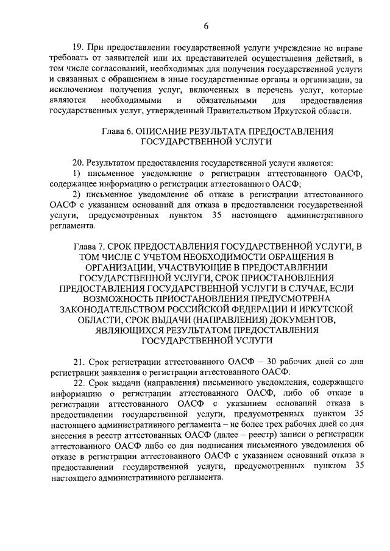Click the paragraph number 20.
pos(77,163)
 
